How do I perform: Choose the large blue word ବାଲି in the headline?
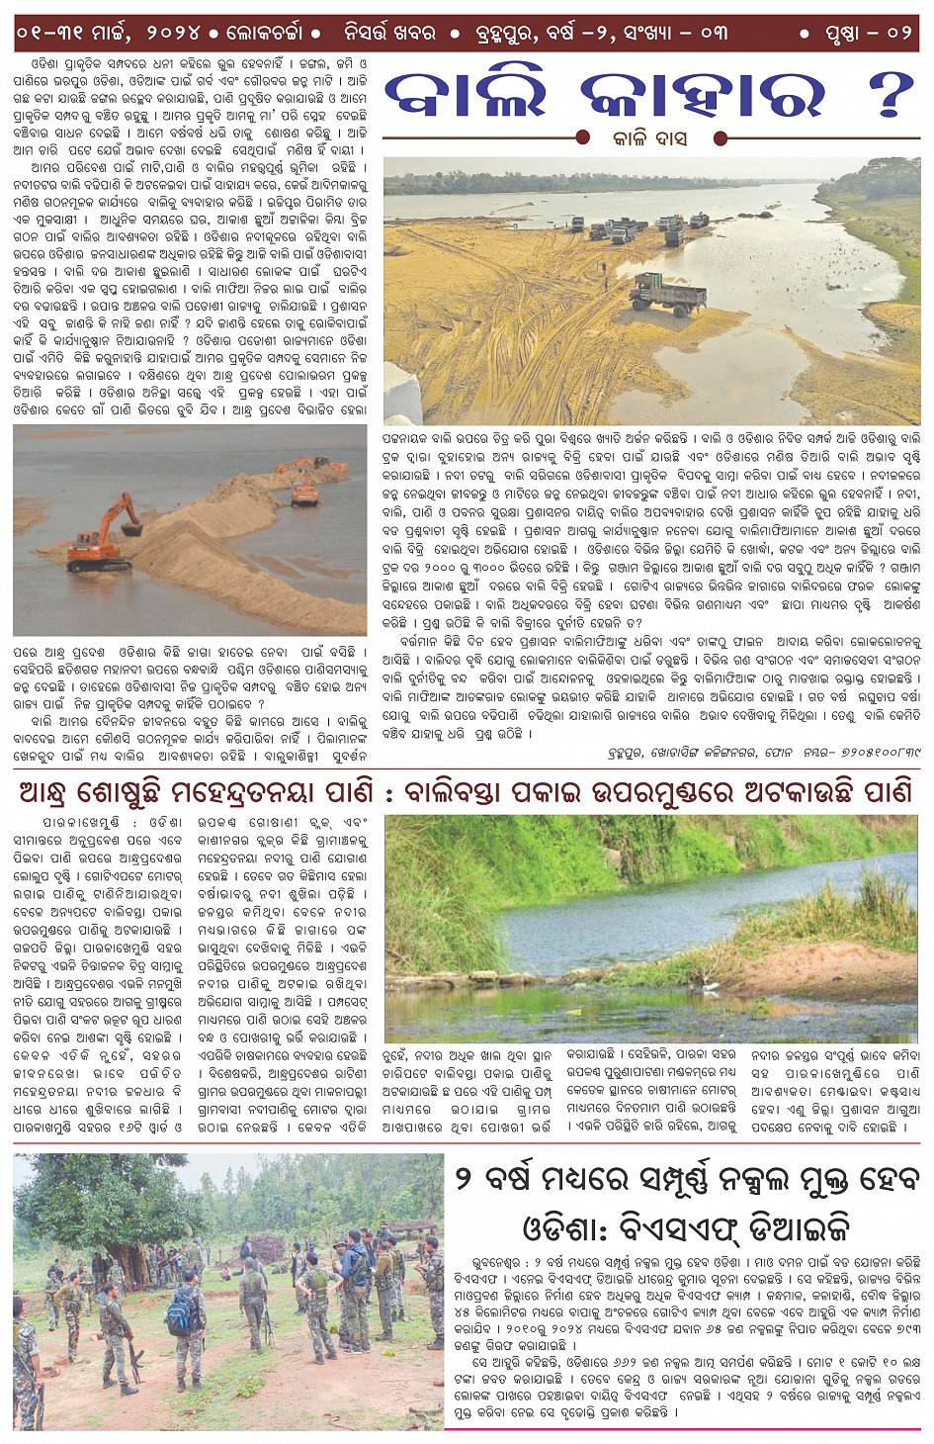(x=465, y=97)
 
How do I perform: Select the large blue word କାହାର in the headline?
(x=702, y=97)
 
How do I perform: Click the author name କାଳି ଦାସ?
(x=649, y=139)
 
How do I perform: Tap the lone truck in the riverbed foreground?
(x=668, y=294)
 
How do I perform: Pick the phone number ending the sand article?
(x=864, y=753)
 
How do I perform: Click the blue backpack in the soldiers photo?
(x=180, y=1312)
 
